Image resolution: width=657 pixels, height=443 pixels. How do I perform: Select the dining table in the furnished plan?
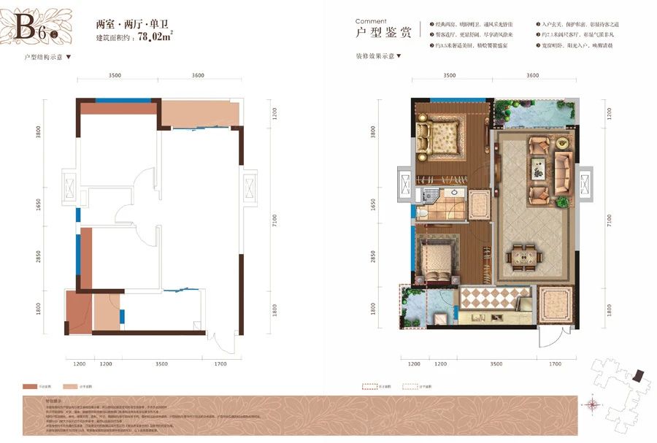click(x=526, y=255)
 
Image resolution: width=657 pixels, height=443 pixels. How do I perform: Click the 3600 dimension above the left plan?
click(x=193, y=75)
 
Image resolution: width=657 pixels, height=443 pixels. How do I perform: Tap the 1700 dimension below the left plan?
click(x=221, y=363)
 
